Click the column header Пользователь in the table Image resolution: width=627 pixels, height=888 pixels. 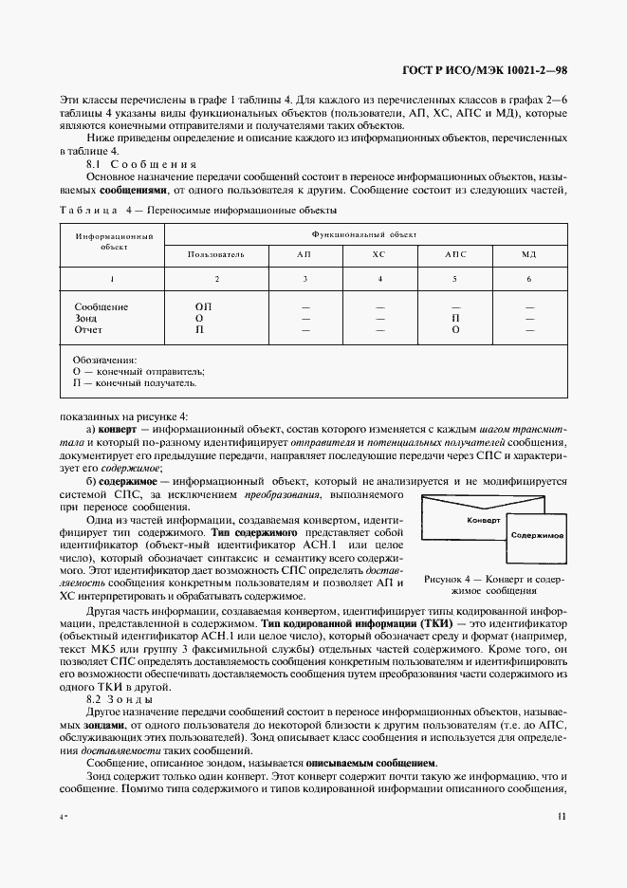(216, 255)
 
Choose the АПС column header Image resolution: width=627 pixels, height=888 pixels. (455, 255)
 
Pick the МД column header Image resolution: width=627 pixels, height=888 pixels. (528, 255)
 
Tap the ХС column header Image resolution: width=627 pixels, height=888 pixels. (378, 255)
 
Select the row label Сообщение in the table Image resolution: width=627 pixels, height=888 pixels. (101, 306)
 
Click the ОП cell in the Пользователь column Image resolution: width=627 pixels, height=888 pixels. (203, 306)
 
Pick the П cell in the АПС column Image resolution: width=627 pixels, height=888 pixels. (455, 318)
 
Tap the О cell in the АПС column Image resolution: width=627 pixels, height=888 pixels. (455, 329)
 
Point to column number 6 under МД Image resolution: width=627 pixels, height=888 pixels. (528, 279)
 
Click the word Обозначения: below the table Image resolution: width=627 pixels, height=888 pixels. (104, 360)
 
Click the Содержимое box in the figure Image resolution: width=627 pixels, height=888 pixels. (537, 536)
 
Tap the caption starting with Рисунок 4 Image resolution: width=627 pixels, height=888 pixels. (494, 583)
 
